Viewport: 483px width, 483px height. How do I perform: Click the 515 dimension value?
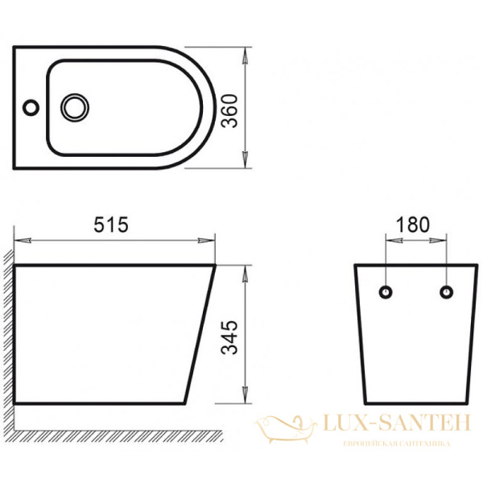(112, 225)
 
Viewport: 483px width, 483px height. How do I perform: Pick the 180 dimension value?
(414, 225)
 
